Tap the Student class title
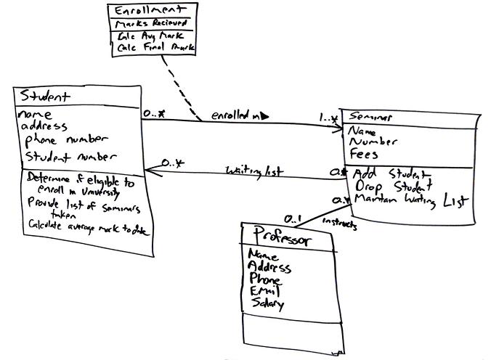pos(45,96)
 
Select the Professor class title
pos(283,239)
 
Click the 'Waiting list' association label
pos(253,171)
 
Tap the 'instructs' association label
pos(339,224)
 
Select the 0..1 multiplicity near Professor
pos(291,218)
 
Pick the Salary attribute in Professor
pos(267,304)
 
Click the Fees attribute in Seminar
pos(364,154)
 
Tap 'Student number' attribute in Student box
pos(61,156)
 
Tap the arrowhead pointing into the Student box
pos(150,171)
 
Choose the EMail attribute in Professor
pos(264,291)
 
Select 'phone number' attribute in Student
pos(67,138)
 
